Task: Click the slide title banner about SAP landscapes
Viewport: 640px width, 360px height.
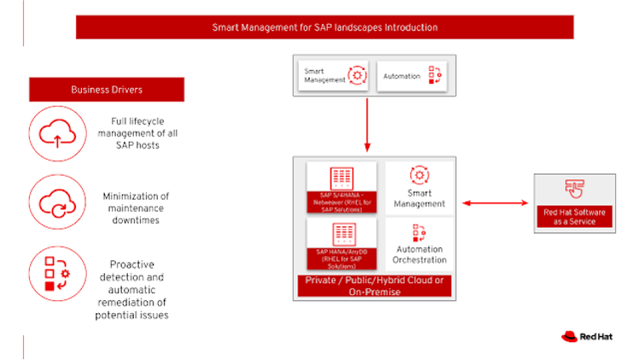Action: (325, 27)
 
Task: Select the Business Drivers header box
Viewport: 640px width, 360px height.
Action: (107, 90)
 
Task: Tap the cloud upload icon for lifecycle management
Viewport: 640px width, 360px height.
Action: (57, 133)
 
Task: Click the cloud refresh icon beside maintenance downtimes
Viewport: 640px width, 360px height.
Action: (57, 202)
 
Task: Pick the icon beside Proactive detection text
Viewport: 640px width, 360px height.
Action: (57, 273)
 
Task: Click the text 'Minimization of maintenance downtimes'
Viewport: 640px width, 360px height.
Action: (136, 208)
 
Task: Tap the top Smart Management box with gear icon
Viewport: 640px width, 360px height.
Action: (334, 77)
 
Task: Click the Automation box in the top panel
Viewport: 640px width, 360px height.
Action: (410, 77)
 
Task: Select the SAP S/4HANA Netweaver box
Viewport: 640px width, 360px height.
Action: (341, 188)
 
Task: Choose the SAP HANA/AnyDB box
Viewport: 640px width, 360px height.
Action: (341, 245)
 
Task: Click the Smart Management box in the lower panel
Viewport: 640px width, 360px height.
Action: (419, 188)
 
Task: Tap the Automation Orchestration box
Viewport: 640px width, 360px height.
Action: (419, 245)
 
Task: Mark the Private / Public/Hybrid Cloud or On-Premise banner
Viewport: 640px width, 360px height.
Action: (374, 286)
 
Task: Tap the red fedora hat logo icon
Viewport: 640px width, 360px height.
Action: (570, 336)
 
